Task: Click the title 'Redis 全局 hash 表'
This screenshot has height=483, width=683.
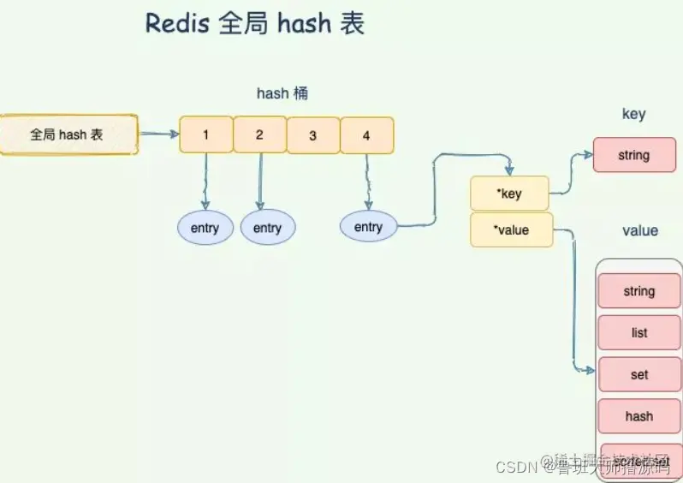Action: (x=255, y=24)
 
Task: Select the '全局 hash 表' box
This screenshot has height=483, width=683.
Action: (x=68, y=134)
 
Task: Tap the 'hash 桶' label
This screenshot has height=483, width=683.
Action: (x=282, y=93)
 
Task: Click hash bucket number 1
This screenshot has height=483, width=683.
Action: (x=205, y=135)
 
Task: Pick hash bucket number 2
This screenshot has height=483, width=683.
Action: (x=259, y=135)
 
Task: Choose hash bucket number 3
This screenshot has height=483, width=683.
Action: (x=312, y=135)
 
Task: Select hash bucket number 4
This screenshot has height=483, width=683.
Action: (x=366, y=135)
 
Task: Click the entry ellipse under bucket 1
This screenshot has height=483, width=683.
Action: (x=205, y=228)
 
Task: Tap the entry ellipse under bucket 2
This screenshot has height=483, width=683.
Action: (x=267, y=228)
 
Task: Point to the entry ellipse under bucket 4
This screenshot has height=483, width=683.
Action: (x=368, y=227)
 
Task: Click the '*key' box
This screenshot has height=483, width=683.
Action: (x=509, y=194)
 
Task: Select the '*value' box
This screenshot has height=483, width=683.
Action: (x=512, y=230)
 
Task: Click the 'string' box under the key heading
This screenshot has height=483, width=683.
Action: (x=633, y=156)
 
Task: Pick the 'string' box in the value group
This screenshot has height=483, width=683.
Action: (x=638, y=291)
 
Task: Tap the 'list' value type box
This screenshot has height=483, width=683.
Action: (x=638, y=332)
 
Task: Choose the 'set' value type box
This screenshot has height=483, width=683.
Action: (x=638, y=374)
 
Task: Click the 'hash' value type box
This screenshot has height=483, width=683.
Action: (x=638, y=416)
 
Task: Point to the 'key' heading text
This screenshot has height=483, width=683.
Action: (x=633, y=115)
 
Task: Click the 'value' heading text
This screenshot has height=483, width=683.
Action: (x=640, y=230)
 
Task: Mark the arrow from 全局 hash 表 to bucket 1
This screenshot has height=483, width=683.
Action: (x=158, y=134)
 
